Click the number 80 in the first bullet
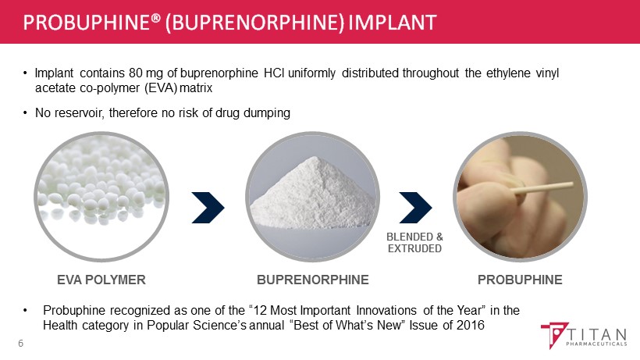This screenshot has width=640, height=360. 136,73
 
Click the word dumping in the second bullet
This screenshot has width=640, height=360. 267,113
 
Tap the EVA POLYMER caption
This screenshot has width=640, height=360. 101,280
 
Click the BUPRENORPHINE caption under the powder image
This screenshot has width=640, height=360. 313,280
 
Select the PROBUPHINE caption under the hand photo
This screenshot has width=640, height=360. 520,280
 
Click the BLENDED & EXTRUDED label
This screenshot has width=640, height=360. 414,242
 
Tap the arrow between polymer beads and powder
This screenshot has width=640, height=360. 208,208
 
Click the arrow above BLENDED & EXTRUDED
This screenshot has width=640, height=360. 415,208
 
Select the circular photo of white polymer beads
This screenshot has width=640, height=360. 101,197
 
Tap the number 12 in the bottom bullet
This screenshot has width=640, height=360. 260,311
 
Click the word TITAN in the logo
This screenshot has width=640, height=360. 596,335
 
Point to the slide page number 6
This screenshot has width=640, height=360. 21,344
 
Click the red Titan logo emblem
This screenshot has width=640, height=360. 553,334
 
